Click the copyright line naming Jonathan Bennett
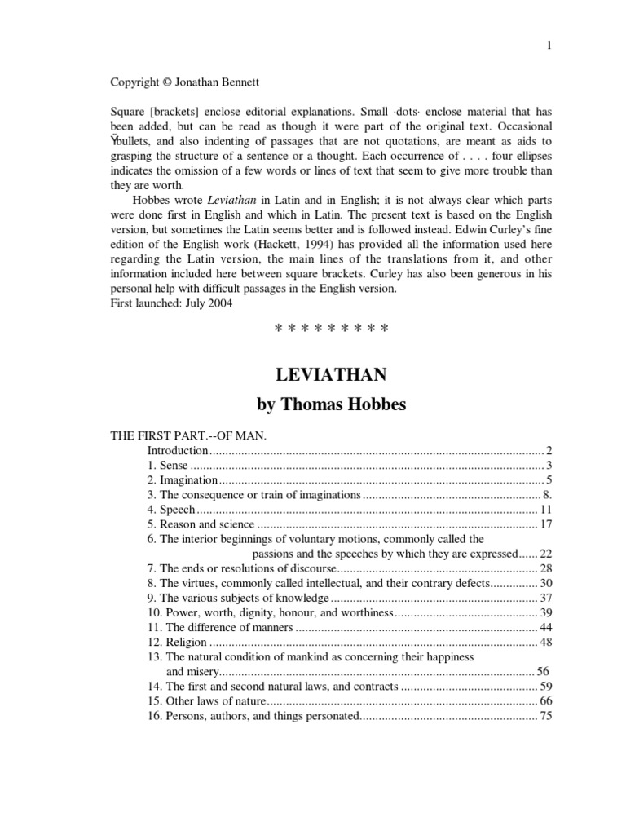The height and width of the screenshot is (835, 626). tap(174, 82)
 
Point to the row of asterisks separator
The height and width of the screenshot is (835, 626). tap(331, 329)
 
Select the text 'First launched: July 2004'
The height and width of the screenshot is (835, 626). tap(170, 303)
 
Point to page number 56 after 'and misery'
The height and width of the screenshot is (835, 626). tap(543, 672)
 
